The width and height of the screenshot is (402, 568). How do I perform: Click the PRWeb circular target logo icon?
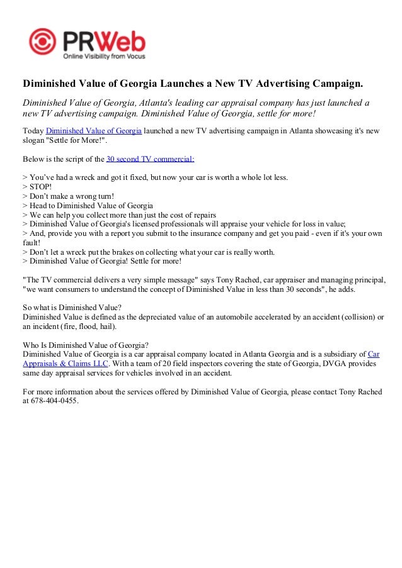tap(42, 42)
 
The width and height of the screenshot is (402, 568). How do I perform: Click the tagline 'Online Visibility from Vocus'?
tap(103, 56)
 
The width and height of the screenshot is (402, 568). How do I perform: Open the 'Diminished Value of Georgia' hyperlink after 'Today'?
tap(94, 131)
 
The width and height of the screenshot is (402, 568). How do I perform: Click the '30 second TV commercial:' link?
tap(151, 159)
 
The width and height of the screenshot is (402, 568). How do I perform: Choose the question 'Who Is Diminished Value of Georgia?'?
tap(86, 345)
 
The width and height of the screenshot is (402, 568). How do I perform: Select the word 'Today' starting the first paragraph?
tap(33, 131)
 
